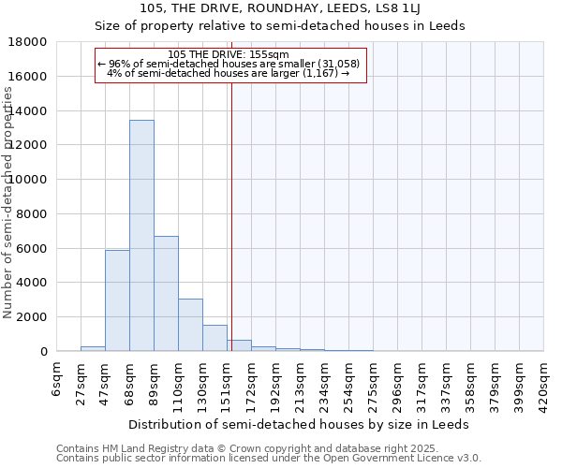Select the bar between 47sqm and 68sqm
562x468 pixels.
[x=117, y=300]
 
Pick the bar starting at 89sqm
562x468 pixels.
[x=166, y=293]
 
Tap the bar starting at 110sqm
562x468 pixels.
[x=190, y=325]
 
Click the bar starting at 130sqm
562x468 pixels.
[x=214, y=338]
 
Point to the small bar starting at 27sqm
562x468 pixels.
[x=93, y=348]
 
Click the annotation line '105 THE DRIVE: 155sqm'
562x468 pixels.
[x=230, y=55]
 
